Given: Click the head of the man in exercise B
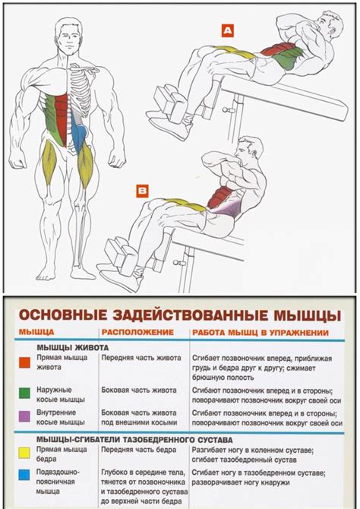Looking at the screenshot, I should pos(248,150).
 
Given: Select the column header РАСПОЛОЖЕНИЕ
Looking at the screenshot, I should pos(134,333).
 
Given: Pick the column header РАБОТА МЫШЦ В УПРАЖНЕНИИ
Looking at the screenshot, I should pos(260,333).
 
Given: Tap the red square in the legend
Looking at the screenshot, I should pos(24,362).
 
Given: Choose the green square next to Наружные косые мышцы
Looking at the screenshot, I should pos(24,392).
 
